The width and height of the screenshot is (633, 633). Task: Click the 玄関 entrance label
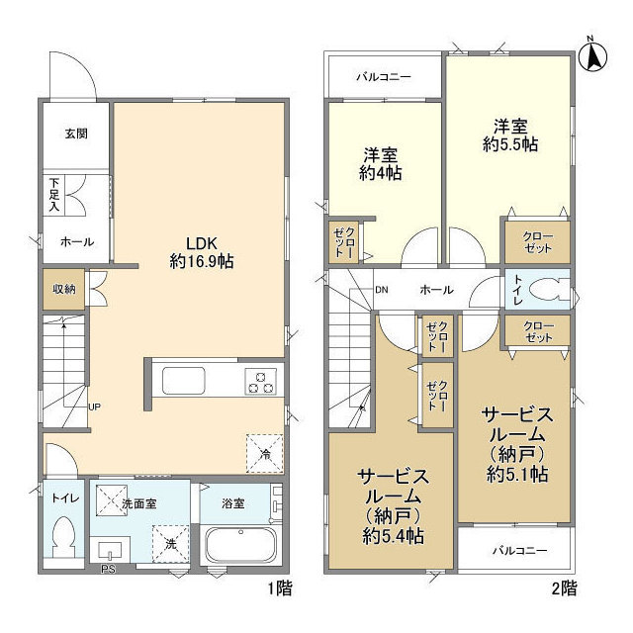(76, 133)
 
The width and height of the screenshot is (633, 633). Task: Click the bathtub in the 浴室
(239, 545)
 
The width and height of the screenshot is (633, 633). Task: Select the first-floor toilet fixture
(64, 540)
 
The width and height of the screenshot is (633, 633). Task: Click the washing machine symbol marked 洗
(170, 543)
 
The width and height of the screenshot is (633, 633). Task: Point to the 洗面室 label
(139, 503)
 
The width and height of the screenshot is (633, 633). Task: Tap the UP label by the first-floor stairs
(94, 407)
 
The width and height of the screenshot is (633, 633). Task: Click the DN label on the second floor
(382, 290)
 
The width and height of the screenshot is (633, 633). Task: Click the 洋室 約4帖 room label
(382, 163)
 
